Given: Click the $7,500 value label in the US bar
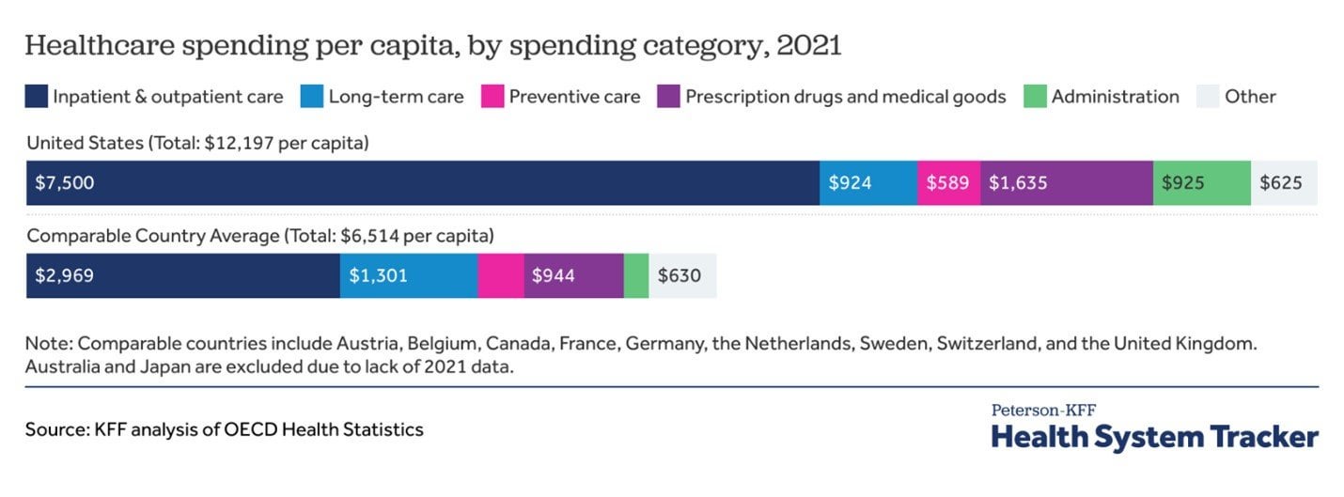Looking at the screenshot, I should tap(65, 183).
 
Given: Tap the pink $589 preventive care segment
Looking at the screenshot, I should tap(948, 183).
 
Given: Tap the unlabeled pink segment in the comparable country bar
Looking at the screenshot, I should tap(500, 276).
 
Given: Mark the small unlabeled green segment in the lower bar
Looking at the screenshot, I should tap(636, 276).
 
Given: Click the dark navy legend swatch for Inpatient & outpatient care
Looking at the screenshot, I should tap(37, 96).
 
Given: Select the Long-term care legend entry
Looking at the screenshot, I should tap(395, 96).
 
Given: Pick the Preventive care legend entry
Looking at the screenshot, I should tap(573, 96).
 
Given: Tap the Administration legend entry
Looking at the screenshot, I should tap(1115, 96).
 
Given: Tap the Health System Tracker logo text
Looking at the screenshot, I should tap(1154, 437).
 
